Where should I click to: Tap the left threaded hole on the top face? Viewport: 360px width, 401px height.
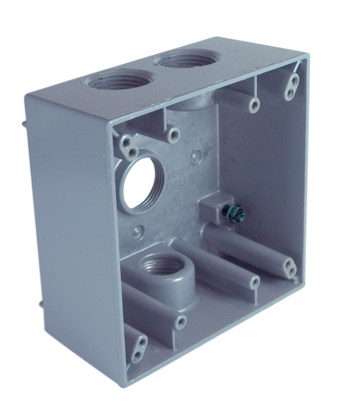point(116,79)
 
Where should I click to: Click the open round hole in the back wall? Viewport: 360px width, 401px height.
point(142,183)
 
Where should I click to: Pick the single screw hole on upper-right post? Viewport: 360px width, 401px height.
point(254,105)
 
